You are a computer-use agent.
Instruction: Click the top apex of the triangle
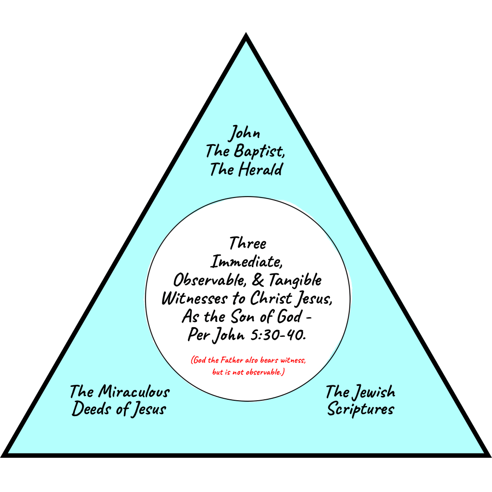click(246, 33)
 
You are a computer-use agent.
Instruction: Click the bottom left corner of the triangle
click(1, 457)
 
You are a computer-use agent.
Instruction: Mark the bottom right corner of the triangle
click(491, 457)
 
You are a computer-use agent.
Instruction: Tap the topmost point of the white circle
click(247, 197)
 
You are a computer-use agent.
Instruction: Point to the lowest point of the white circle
click(247, 401)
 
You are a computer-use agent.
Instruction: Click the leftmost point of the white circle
click(145, 299)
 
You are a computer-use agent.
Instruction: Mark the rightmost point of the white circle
click(350, 299)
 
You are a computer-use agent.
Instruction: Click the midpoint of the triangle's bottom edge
click(246, 455)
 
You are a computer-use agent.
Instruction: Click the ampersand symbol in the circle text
click(258, 280)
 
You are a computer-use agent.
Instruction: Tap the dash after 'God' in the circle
click(308, 318)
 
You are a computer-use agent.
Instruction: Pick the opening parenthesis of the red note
click(192, 360)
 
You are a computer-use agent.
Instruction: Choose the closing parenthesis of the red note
click(283, 372)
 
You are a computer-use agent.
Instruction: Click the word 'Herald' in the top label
click(260, 170)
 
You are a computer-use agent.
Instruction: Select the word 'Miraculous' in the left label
click(134, 392)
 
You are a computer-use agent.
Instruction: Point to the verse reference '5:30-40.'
click(278, 335)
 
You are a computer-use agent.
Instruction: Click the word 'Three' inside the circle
click(247, 243)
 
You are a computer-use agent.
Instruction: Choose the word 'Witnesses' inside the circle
click(195, 298)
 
